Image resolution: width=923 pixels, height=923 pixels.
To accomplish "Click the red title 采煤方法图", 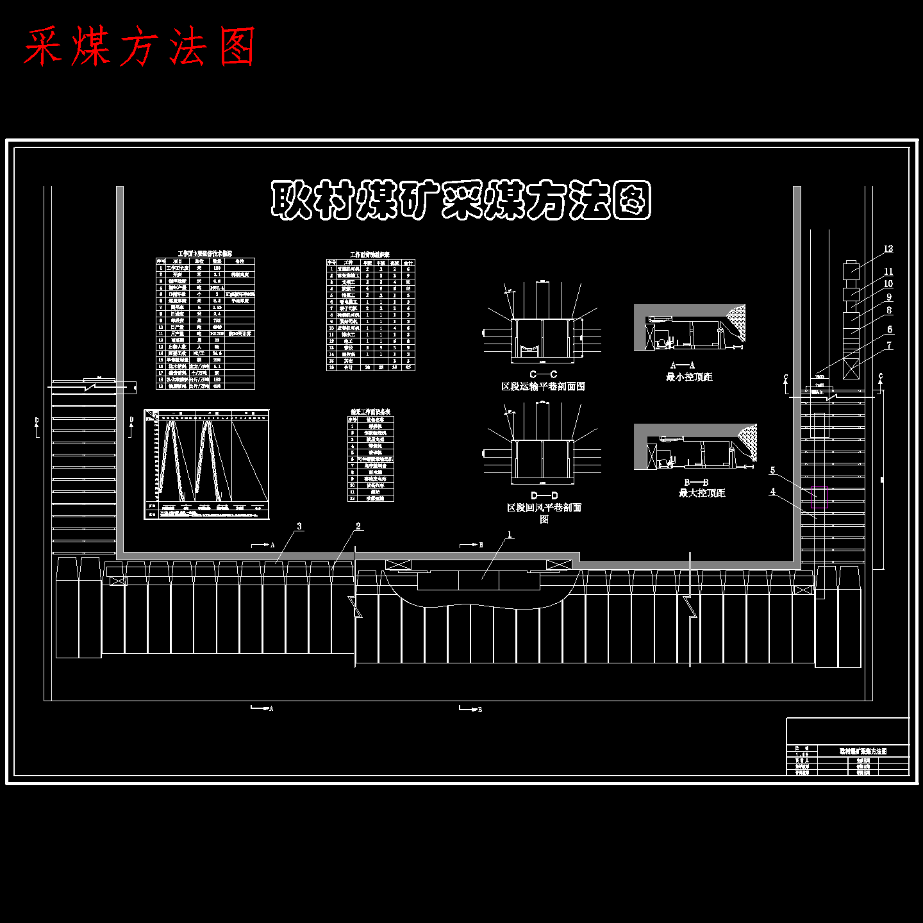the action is click(x=140, y=46).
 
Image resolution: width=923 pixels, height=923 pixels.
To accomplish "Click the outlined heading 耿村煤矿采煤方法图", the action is click(x=461, y=200).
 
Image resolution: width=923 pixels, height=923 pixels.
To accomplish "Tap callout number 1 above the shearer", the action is click(x=510, y=535).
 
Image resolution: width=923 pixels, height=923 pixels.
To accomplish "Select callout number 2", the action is click(x=358, y=526).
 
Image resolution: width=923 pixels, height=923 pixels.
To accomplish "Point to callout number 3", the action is click(x=299, y=526).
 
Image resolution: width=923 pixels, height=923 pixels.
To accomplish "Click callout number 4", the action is click(x=772, y=492).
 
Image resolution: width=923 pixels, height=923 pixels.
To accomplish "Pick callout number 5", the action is click(x=772, y=470).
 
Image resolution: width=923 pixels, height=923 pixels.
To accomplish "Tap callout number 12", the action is click(x=888, y=249).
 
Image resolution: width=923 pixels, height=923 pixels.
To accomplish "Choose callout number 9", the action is click(x=889, y=297).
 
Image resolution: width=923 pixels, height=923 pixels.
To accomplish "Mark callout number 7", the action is click(x=889, y=345).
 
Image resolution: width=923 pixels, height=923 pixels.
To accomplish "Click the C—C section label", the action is click(x=543, y=374).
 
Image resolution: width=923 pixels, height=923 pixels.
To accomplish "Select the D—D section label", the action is click(x=544, y=495).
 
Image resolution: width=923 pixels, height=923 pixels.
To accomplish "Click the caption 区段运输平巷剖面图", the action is click(x=543, y=387).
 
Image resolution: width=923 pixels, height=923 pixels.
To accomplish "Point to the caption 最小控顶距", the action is click(x=689, y=377).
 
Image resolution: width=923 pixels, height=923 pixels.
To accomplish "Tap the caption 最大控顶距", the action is click(x=702, y=493).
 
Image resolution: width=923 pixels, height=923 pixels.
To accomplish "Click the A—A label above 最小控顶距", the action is click(x=683, y=365).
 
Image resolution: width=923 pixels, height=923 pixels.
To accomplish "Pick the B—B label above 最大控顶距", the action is click(x=696, y=482).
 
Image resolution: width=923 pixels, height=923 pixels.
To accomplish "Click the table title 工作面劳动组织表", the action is click(x=370, y=254).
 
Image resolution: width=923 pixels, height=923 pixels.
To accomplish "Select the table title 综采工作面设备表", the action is click(x=370, y=412).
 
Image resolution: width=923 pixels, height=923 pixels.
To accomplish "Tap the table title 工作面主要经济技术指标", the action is click(x=205, y=254).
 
